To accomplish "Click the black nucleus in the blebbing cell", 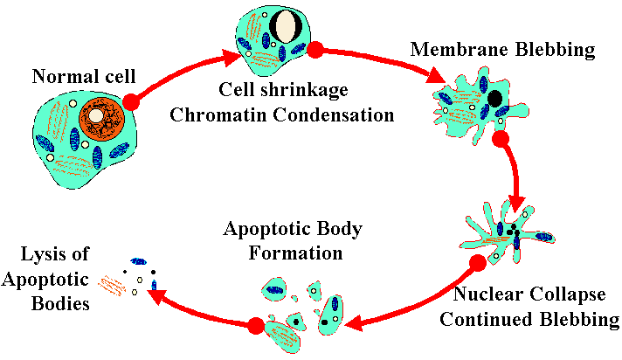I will [495, 99].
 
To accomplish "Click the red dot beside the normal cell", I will [131, 102].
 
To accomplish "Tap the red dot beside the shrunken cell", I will [316, 50].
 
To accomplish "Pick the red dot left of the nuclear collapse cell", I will [477, 261].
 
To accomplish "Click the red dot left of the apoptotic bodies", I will [256, 326].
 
